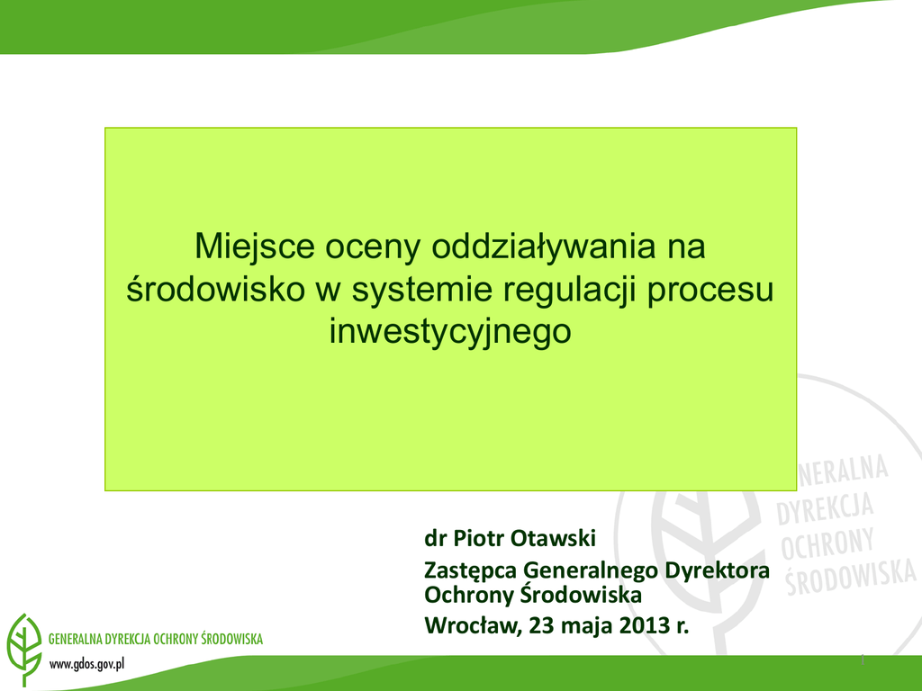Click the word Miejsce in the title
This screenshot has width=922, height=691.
coord(255,247)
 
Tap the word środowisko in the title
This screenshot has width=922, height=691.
coord(216,289)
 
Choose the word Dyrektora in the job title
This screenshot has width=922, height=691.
coord(717,570)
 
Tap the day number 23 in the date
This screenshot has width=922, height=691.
coord(541,625)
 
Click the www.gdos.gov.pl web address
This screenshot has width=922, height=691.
coord(87,665)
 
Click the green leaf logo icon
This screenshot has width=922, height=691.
coord(24,649)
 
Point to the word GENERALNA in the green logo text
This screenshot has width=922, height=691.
coord(75,639)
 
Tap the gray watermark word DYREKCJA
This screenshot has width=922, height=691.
coord(825,508)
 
